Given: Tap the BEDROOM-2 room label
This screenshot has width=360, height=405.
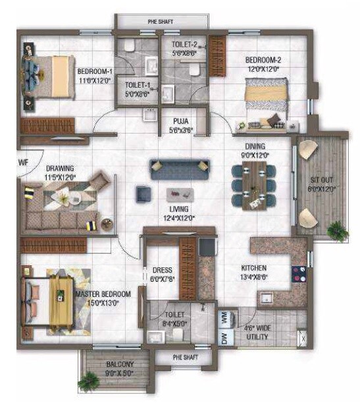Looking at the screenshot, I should (x=264, y=59).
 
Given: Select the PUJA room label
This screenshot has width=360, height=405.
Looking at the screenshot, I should (x=180, y=121).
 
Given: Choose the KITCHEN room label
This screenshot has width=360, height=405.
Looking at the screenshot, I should (x=253, y=268).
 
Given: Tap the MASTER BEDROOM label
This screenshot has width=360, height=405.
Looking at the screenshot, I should (x=103, y=294).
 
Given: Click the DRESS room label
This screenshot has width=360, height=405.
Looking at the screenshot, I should (x=161, y=269).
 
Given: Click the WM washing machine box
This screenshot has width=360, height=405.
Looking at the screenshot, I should (x=225, y=317).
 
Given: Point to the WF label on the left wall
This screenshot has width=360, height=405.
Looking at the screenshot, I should (x=24, y=161).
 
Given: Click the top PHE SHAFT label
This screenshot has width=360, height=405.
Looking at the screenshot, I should (x=161, y=21).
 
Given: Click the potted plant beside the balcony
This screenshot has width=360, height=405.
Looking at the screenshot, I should (x=88, y=382).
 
